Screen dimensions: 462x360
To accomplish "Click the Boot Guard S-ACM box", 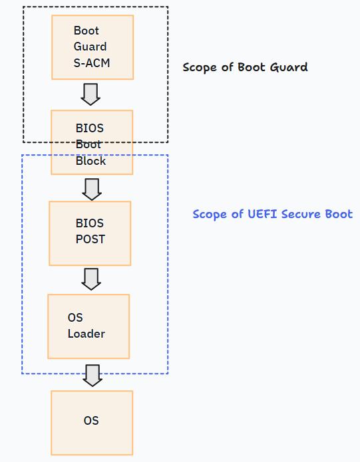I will coord(92,47).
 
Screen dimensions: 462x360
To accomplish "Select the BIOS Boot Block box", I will coord(92,142).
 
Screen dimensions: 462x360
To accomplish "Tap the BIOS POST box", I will coord(90,233).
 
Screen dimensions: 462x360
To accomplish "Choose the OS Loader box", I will coord(89,326).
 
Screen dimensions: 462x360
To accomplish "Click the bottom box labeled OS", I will coord(92,423).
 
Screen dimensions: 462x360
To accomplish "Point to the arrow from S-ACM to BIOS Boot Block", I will coord(90,94).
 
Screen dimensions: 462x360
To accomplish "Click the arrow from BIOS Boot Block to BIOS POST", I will coord(92,188).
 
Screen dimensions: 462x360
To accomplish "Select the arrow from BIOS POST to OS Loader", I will coord(91,279).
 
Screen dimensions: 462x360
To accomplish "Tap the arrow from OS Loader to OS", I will coord(92,375).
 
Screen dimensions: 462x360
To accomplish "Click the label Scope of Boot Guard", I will coord(245,67).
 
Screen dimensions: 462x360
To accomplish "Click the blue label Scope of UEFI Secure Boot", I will coord(272,214).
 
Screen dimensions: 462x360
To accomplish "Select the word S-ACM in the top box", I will coord(92,64).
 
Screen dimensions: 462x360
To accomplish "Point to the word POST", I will coord(90,239).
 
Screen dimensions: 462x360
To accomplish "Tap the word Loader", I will coord(86,334).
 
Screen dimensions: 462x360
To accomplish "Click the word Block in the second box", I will coord(90,161).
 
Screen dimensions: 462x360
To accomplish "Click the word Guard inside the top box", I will coord(90,47).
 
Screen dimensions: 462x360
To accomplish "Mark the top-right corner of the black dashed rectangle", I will coord(168,7).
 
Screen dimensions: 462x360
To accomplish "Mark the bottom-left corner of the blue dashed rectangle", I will coord(22,374).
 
